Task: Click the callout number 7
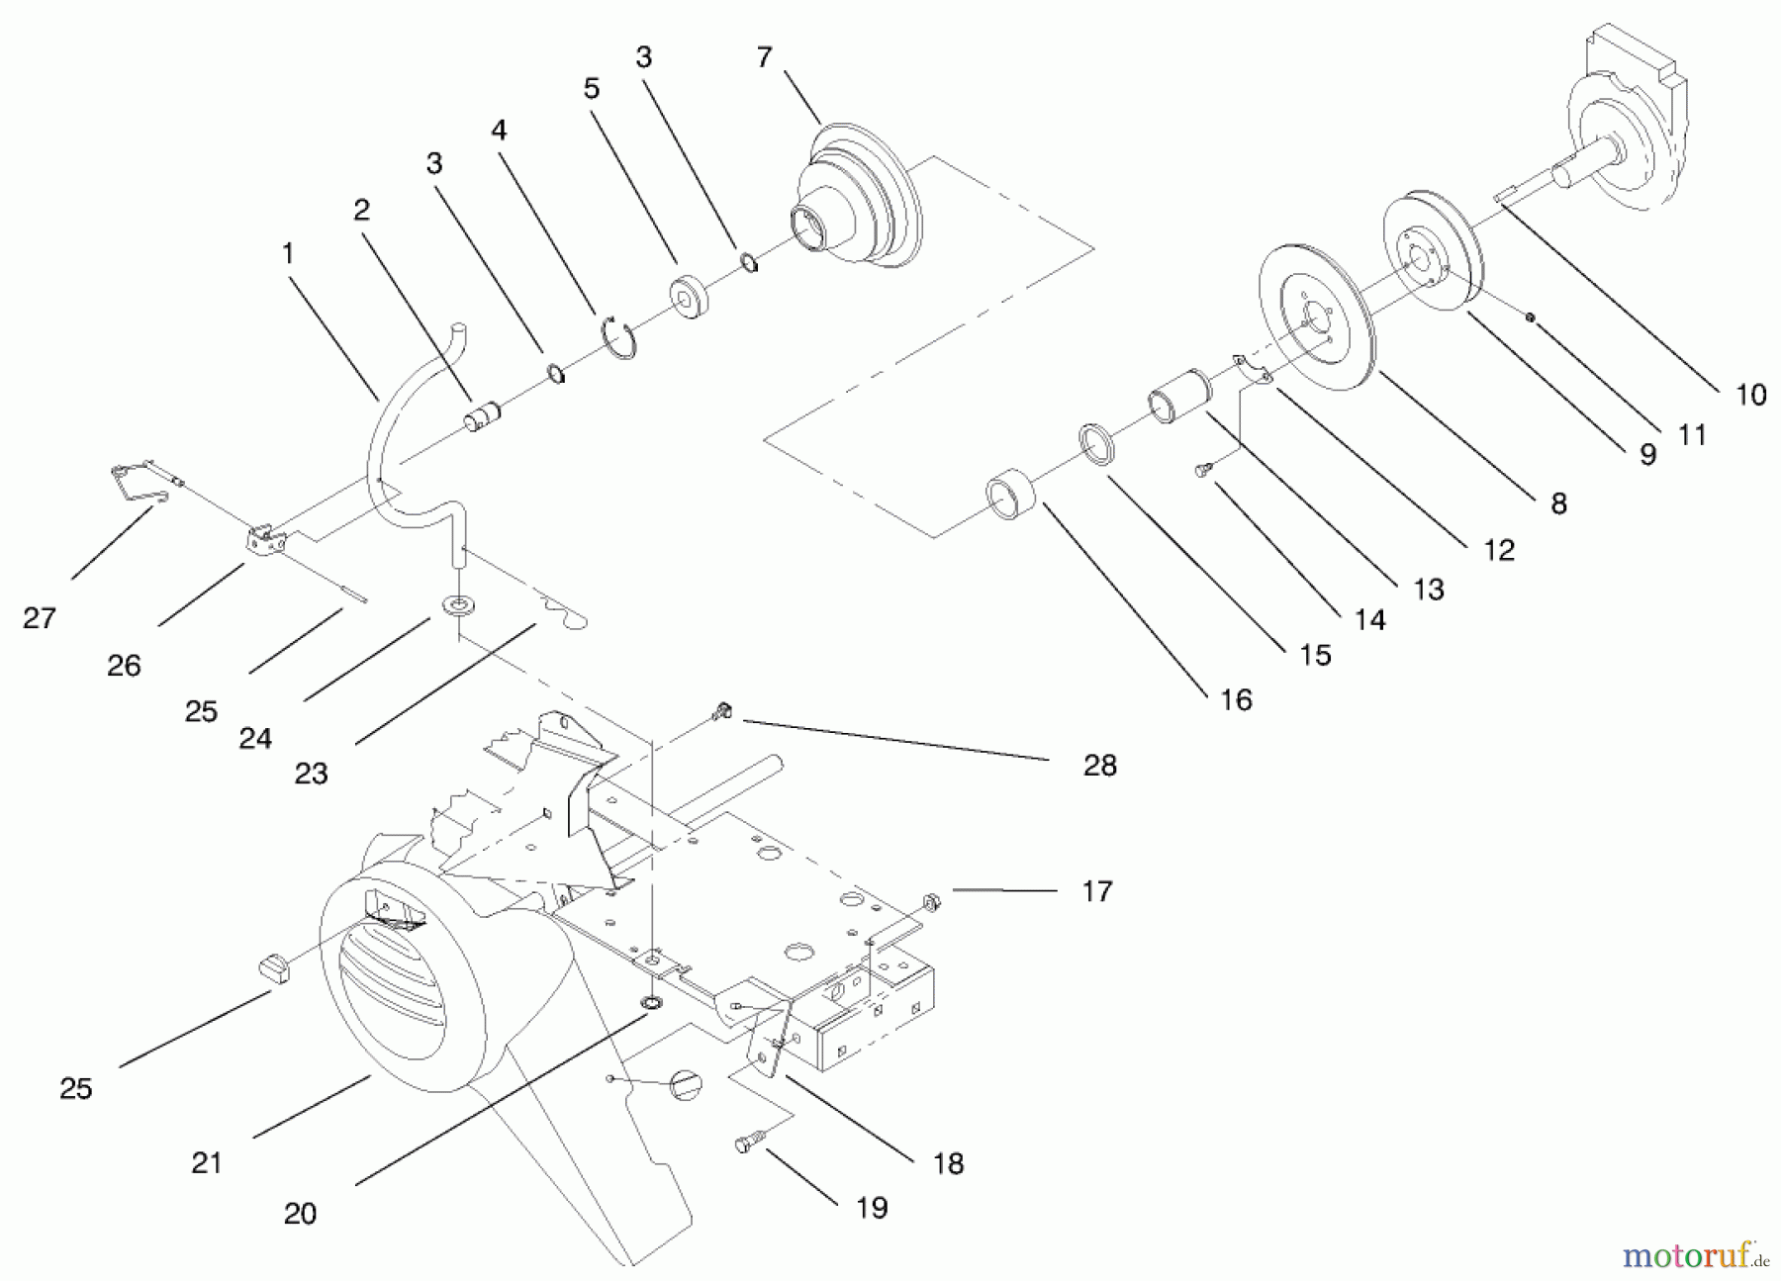763,58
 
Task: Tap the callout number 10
1750,395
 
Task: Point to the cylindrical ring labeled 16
1010,499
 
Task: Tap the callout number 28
1099,765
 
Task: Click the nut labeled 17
929,900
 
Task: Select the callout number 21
207,1162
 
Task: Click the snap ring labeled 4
619,337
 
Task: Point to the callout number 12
1499,550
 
